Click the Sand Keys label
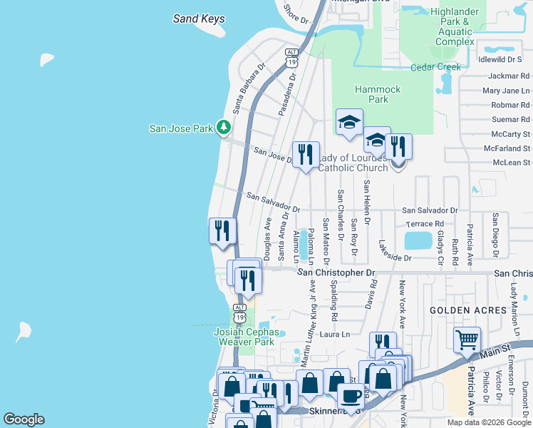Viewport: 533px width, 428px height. click(199, 19)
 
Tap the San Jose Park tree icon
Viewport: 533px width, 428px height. click(224, 128)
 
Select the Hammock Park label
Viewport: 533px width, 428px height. click(378, 94)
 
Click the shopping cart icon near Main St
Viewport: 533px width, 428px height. click(467, 341)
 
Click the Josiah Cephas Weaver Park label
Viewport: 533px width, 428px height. click(244, 337)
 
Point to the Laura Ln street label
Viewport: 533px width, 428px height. click(336, 334)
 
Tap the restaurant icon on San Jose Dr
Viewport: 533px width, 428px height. click(306, 154)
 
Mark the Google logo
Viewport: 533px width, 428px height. click(24, 419)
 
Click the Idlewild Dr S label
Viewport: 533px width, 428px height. click(505, 59)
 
